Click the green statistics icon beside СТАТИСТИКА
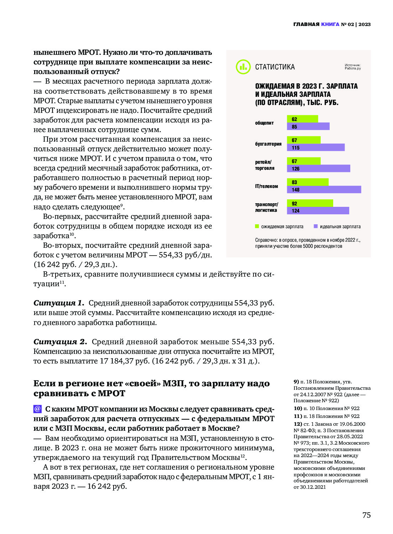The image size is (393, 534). [x=243, y=67]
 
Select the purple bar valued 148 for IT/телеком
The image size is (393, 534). [x=324, y=190]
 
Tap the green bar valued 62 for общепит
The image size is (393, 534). [x=302, y=119]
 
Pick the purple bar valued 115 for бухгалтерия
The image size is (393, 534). [x=316, y=147]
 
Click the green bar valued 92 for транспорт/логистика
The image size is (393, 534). [x=310, y=203]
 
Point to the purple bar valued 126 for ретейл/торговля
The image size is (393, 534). [x=318, y=168]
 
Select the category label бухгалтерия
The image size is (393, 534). [x=268, y=144]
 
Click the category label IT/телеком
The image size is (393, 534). [x=266, y=186]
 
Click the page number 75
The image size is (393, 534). [x=366, y=515]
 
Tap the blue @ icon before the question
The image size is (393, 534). [x=37, y=409]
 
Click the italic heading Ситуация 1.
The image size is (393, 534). [x=59, y=303]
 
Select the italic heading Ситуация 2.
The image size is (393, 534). [x=60, y=342]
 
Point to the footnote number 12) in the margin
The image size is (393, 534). [x=298, y=424]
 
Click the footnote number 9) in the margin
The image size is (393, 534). [x=296, y=382]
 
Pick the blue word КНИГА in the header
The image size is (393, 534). [x=330, y=24]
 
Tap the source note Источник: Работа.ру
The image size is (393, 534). [x=352, y=67]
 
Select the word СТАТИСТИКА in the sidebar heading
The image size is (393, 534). [x=275, y=67]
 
